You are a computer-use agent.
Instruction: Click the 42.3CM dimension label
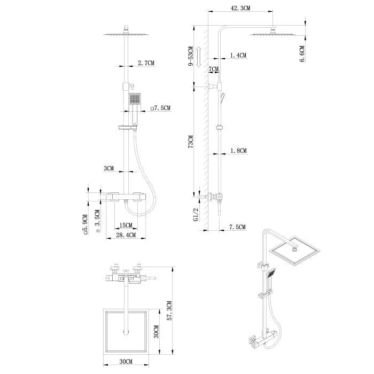240,8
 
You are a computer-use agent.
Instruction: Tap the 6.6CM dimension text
302,53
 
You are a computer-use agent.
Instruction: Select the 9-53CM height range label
191,56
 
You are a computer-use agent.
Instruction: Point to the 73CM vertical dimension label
191,142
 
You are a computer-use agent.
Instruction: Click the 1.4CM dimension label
238,56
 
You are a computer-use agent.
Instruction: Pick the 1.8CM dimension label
238,151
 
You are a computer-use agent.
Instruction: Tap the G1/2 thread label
196,214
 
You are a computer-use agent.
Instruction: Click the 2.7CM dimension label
146,63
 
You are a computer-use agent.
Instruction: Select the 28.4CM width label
126,235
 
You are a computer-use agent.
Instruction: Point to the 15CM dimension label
126,225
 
